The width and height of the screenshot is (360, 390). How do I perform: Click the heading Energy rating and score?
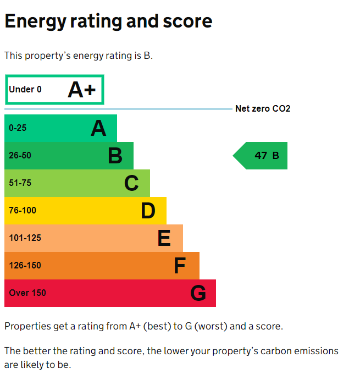coord(108,21)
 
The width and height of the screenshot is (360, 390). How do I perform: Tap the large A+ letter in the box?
coord(82,90)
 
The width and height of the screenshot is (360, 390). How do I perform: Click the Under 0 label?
coord(25,90)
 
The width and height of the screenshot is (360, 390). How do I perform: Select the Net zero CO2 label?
coord(263,109)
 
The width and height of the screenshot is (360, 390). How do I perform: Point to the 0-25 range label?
coord(18,128)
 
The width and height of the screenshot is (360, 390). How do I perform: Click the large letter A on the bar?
coord(98,129)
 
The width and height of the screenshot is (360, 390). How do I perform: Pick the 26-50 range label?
coord(20,156)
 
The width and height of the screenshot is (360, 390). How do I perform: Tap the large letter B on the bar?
coord(115,156)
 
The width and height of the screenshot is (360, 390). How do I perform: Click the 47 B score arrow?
coord(261,156)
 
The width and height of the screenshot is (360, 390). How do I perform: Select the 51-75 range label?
coord(20,183)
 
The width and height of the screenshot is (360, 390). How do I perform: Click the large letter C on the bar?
coord(131,184)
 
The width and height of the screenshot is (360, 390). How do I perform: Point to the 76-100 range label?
coord(23,211)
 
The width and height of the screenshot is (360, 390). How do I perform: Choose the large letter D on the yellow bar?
coord(148,211)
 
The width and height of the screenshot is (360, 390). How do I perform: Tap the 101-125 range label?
coord(25,238)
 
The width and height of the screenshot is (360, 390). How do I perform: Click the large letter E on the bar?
coord(164,239)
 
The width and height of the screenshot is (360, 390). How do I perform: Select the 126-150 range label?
coord(25,266)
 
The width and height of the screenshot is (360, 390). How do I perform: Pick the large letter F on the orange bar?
coord(180,266)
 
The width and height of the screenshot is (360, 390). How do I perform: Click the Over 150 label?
coord(27,293)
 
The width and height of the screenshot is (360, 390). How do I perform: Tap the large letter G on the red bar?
coord(198,294)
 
